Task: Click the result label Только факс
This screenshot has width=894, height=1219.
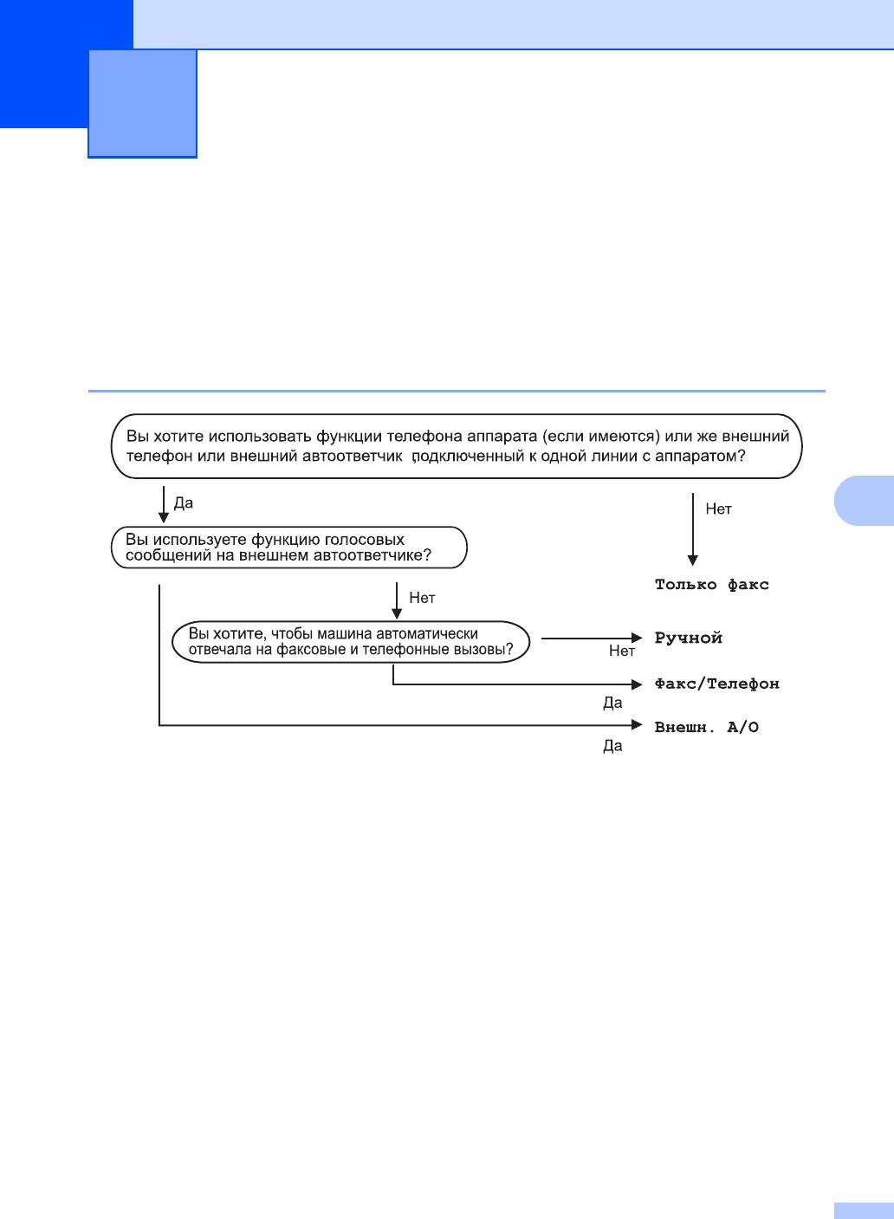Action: click(x=711, y=585)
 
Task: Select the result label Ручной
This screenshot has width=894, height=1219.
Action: click(x=688, y=639)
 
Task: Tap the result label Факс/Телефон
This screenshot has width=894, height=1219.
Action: click(x=716, y=684)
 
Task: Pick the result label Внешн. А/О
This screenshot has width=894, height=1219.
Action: click(x=706, y=727)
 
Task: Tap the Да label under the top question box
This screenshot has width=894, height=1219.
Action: click(x=184, y=503)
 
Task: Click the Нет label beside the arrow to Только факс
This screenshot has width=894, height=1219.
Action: click(x=718, y=509)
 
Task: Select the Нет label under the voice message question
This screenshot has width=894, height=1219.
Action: click(x=422, y=598)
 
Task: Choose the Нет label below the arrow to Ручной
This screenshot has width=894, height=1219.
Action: click(x=621, y=652)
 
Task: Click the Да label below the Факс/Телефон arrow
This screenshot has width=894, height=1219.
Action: click(x=612, y=703)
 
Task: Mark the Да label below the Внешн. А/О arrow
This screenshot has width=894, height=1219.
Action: click(x=612, y=746)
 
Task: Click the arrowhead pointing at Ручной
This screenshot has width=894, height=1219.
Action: click(x=637, y=639)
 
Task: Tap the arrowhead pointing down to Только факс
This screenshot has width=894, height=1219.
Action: click(x=692, y=560)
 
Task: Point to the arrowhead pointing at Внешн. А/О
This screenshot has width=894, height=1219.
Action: click(x=637, y=725)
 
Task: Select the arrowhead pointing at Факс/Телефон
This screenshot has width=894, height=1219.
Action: click(x=637, y=684)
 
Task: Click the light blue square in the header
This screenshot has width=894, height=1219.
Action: click(x=143, y=103)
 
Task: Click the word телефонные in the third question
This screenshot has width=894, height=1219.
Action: click(x=400, y=650)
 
